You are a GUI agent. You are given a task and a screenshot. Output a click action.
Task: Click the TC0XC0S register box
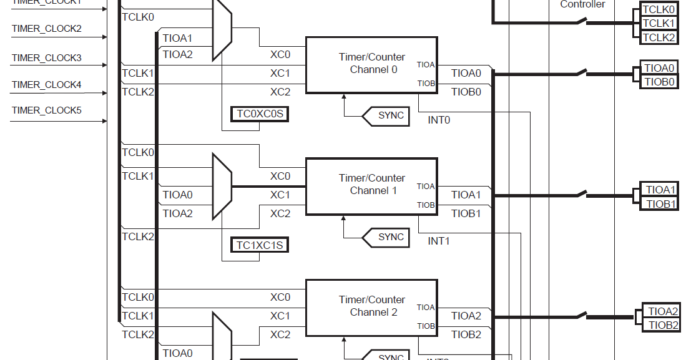(260, 114)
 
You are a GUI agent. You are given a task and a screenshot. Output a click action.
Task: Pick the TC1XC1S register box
(260, 245)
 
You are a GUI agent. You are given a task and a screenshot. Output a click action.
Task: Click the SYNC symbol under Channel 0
(387, 115)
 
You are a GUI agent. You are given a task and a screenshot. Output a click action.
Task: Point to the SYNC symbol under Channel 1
(387, 237)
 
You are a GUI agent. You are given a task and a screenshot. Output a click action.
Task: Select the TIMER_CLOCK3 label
(47, 58)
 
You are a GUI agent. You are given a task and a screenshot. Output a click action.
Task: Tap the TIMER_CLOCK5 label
(47, 110)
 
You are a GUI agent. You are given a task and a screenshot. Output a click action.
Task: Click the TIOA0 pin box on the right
(659, 68)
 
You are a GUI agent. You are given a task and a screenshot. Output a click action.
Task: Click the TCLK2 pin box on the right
(659, 37)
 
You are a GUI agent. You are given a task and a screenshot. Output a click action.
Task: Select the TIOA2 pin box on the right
(662, 311)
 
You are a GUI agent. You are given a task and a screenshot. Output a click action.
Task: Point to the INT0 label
(439, 120)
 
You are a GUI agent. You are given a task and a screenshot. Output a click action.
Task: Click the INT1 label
(439, 241)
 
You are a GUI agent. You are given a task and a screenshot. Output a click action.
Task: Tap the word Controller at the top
(582, 4)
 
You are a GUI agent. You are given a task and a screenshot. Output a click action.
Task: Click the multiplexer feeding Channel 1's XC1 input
(222, 187)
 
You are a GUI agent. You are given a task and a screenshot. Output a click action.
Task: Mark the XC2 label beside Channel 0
(280, 92)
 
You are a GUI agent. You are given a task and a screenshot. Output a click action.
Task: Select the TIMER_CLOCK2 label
(47, 29)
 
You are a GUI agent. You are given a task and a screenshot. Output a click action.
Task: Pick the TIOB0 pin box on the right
(660, 82)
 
